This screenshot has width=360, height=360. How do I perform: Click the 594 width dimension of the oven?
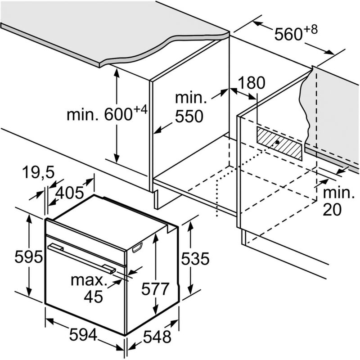pyautogui.click(x=83, y=335)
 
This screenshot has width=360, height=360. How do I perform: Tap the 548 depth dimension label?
pyautogui.click(x=157, y=337)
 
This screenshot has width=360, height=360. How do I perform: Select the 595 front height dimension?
pyautogui.click(x=28, y=257)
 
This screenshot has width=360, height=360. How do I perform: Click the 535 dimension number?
pyautogui.click(x=195, y=259)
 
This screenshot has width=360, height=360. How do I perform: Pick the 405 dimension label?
pyautogui.click(x=70, y=193)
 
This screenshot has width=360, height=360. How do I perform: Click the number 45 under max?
pyautogui.click(x=93, y=297)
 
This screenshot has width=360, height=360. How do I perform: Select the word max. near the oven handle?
pyautogui.click(x=89, y=280)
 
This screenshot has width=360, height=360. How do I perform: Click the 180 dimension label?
pyautogui.click(x=251, y=83)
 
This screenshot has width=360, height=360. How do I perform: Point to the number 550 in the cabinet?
pyautogui.click(x=189, y=116)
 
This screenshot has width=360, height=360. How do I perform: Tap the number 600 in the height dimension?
pyautogui.click(x=118, y=115)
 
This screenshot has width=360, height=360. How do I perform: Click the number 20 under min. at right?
pyautogui.click(x=332, y=209)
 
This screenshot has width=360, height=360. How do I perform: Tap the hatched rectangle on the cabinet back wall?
pyautogui.click(x=279, y=143)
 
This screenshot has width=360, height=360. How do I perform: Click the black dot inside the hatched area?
pyautogui.click(x=277, y=142)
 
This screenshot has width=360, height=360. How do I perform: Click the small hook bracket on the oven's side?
pyautogui.click(x=137, y=247)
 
